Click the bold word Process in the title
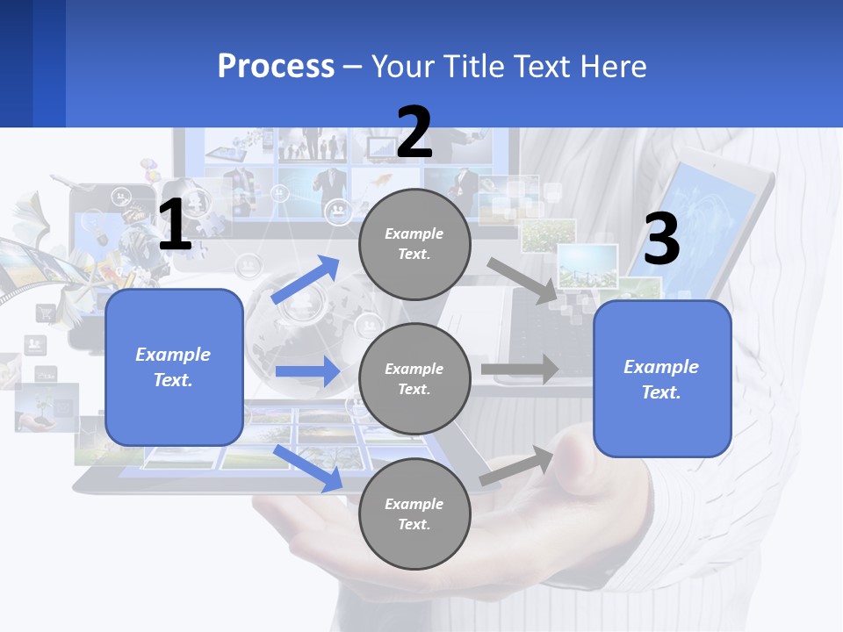(276, 66)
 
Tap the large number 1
(175, 225)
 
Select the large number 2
(414, 133)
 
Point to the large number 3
(661, 238)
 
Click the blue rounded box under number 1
(174, 367)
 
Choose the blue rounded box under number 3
(662, 378)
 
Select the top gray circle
(414, 244)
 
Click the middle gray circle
(414, 378)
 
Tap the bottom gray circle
(414, 513)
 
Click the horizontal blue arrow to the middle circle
(307, 371)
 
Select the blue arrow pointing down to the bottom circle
(307, 468)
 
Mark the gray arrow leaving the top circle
(522, 280)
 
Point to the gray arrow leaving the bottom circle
(517, 466)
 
